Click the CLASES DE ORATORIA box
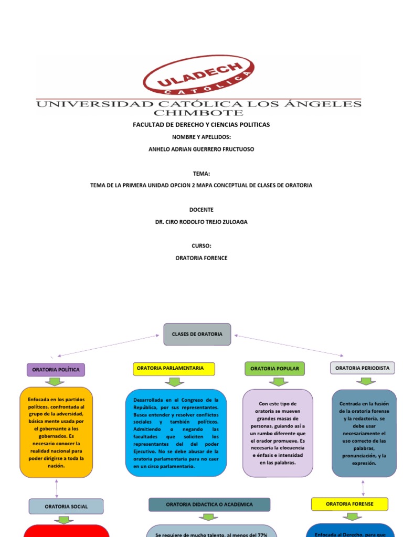tap(197, 334)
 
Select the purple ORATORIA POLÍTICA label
tap(56, 370)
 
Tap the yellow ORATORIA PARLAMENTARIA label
tap(174, 369)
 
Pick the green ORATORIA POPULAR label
tap(274, 369)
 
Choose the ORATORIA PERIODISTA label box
tap(362, 368)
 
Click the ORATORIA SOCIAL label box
tap(66, 506)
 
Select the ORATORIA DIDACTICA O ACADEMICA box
tap(209, 504)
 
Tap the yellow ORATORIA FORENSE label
tap(349, 504)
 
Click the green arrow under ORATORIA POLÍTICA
tap(55, 381)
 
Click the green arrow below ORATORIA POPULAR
tap(278, 381)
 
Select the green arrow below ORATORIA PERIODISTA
tap(365, 381)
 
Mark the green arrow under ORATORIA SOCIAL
tap(65, 520)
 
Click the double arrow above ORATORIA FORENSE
tap(363, 488)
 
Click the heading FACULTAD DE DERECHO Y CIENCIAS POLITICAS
tap(201, 125)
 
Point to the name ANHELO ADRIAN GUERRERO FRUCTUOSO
tap(201, 149)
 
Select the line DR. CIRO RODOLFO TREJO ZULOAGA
tap(201, 222)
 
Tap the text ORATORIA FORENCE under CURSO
tap(201, 258)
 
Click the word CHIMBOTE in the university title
tap(198, 112)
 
